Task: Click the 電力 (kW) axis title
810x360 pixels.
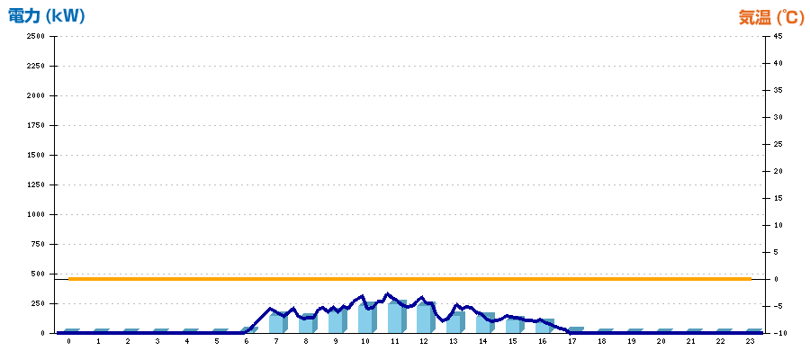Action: [46, 16]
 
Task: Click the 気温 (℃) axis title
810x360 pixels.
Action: [771, 18]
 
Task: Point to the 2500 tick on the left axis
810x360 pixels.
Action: [36, 36]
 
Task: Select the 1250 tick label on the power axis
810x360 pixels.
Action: [36, 184]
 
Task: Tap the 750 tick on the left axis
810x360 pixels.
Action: [38, 244]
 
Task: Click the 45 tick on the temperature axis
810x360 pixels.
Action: [778, 36]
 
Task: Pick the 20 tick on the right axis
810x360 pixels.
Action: [778, 171]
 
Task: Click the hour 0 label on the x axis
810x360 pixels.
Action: [68, 341]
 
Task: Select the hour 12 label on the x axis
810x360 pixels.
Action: [424, 341]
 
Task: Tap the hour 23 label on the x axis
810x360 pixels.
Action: [750, 341]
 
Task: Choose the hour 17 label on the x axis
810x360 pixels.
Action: [571, 341]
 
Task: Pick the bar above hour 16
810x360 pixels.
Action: [544, 326]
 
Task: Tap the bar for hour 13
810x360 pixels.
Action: [455, 322]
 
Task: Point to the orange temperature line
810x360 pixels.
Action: [409, 279]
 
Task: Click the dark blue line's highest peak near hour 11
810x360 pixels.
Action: [388, 294]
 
